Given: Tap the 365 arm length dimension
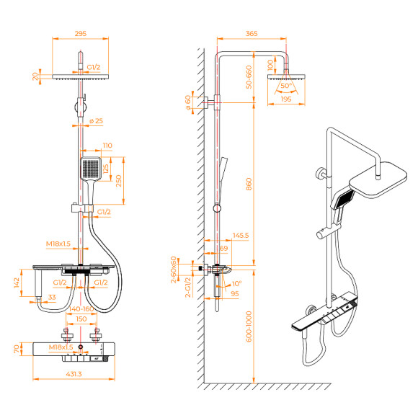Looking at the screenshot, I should [x=252, y=33].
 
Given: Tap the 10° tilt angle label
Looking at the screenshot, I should [x=239, y=284].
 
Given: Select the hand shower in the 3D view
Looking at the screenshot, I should [x=343, y=199].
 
